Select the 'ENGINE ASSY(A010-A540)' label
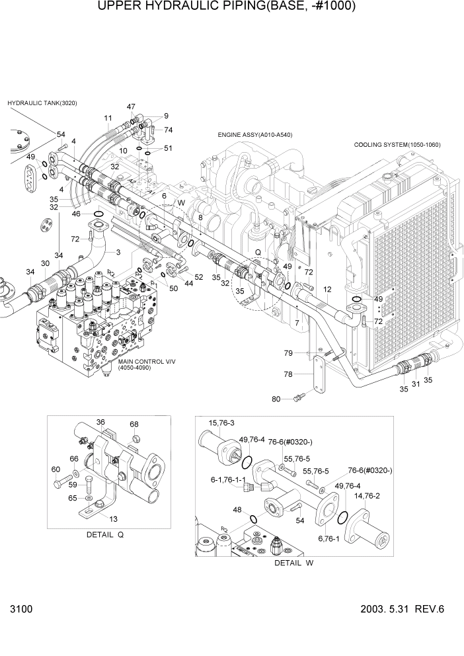[x=255, y=135]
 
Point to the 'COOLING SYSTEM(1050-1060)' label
[x=397, y=144]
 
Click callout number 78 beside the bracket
[x=288, y=374]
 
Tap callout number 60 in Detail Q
[x=56, y=469]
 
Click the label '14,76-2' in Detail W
[x=367, y=495]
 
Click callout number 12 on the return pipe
[x=327, y=290]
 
